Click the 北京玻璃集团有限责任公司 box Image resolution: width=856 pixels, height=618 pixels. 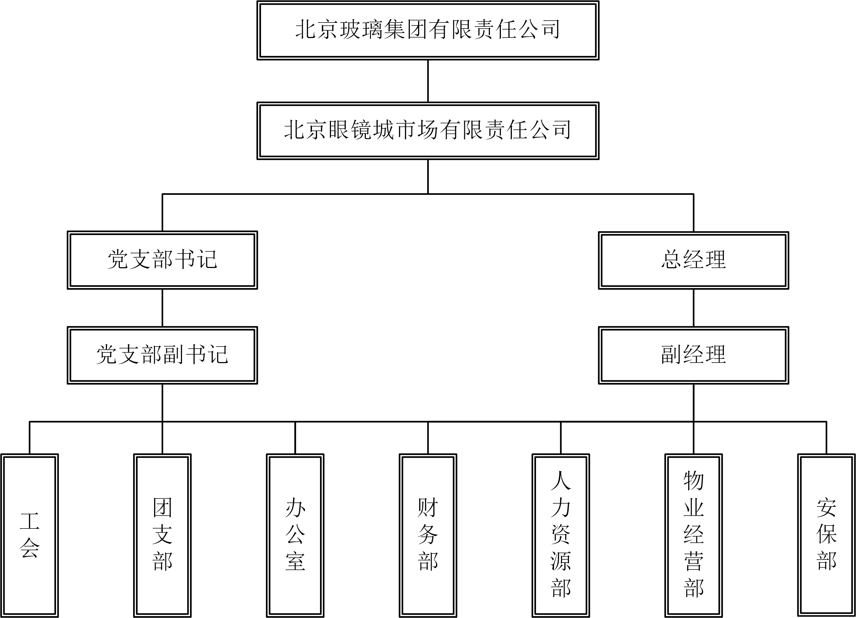(x=428, y=30)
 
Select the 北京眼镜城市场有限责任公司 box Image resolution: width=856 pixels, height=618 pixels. (x=428, y=131)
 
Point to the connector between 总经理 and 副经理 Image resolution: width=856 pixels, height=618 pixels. (x=693, y=308)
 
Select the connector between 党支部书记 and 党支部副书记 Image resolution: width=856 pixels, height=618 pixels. (x=162, y=308)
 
